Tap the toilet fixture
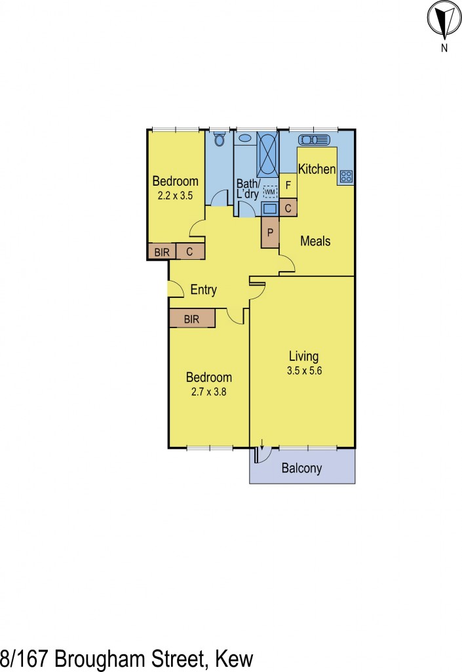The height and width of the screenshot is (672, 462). (220, 139)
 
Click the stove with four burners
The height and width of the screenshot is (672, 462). (346, 176)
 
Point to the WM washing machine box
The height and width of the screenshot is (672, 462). (270, 192)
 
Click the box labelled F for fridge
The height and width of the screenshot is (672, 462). (288, 186)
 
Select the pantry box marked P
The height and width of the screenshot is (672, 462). (270, 232)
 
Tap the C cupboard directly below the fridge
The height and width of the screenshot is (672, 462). (288, 209)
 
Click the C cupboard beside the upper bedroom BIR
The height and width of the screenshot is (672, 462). (190, 251)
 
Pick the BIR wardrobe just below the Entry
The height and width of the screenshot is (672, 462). (191, 319)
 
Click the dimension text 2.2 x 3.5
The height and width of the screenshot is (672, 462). (175, 196)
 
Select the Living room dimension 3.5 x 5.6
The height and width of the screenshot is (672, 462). (303, 370)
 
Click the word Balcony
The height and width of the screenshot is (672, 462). (301, 469)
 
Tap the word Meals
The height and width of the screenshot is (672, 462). (315, 241)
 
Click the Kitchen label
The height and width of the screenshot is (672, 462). (317, 169)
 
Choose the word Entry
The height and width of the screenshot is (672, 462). (203, 290)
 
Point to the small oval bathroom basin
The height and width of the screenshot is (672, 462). (244, 138)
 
